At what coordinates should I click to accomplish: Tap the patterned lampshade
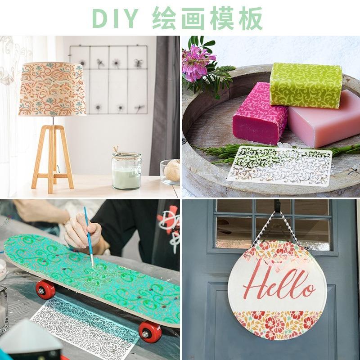click(52, 89)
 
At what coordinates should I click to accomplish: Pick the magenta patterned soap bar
click(260, 114)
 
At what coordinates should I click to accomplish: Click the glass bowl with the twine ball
click(171, 171)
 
